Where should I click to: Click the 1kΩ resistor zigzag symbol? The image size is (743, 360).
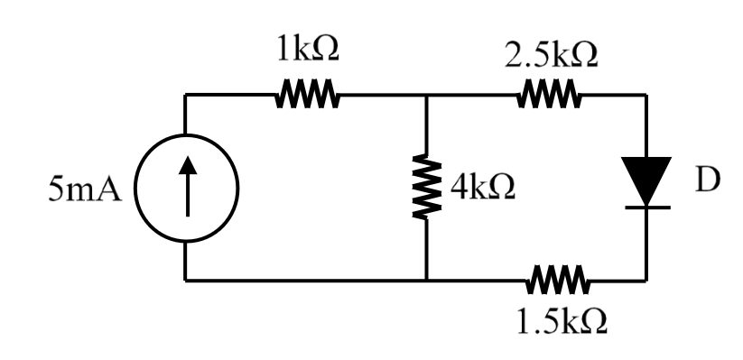pyautogui.click(x=306, y=93)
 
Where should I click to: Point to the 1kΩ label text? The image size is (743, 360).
pyautogui.click(x=306, y=51)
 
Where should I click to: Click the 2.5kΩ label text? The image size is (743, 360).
pyautogui.click(x=552, y=57)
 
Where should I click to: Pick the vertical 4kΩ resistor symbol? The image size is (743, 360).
pyautogui.click(x=425, y=187)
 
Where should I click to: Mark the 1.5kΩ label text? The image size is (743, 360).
pyautogui.click(x=561, y=322)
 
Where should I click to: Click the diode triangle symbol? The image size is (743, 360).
pyautogui.click(x=646, y=178)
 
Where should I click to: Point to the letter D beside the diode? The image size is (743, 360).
pyautogui.click(x=707, y=180)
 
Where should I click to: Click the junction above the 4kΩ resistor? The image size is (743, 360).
pyautogui.click(x=425, y=94)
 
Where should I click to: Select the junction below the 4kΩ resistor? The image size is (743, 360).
pyautogui.click(x=425, y=280)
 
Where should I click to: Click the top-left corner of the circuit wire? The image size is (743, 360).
pyautogui.click(x=186, y=94)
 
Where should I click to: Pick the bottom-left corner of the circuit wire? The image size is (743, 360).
pyautogui.click(x=186, y=280)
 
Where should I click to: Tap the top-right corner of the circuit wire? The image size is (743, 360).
pyautogui.click(x=646, y=94)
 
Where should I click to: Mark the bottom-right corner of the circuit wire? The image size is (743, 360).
pyautogui.click(x=646, y=280)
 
